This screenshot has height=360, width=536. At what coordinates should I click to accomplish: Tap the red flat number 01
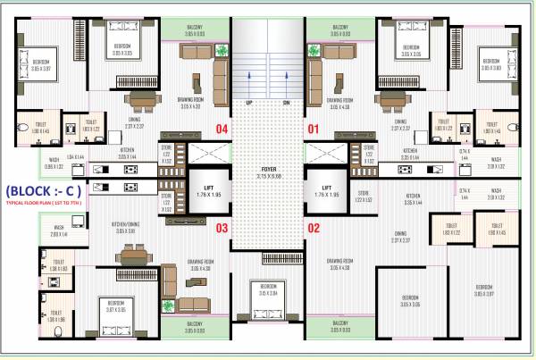pos(314,129)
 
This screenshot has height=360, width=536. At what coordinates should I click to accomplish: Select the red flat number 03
pos(222,228)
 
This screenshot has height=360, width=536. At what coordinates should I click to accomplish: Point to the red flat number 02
pos(314,228)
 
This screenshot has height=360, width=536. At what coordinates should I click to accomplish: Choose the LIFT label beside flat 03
pos(205,190)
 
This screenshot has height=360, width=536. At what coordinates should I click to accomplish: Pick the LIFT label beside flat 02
pos(331,190)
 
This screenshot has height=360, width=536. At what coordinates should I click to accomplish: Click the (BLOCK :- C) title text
pos(44,190)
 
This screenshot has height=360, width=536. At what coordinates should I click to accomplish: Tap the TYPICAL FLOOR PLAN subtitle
pos(44,205)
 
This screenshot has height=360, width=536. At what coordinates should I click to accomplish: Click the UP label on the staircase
pos(248,102)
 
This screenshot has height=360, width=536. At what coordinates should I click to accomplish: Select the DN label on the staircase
pos(287,102)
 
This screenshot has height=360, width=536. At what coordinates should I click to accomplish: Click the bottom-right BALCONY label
pos(340,324)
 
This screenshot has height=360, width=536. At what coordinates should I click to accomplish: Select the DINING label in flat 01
pos(399,122)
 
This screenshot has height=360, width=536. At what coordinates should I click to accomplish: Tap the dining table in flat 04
pos(139,99)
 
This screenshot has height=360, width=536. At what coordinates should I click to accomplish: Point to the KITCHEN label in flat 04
pos(128,151)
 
